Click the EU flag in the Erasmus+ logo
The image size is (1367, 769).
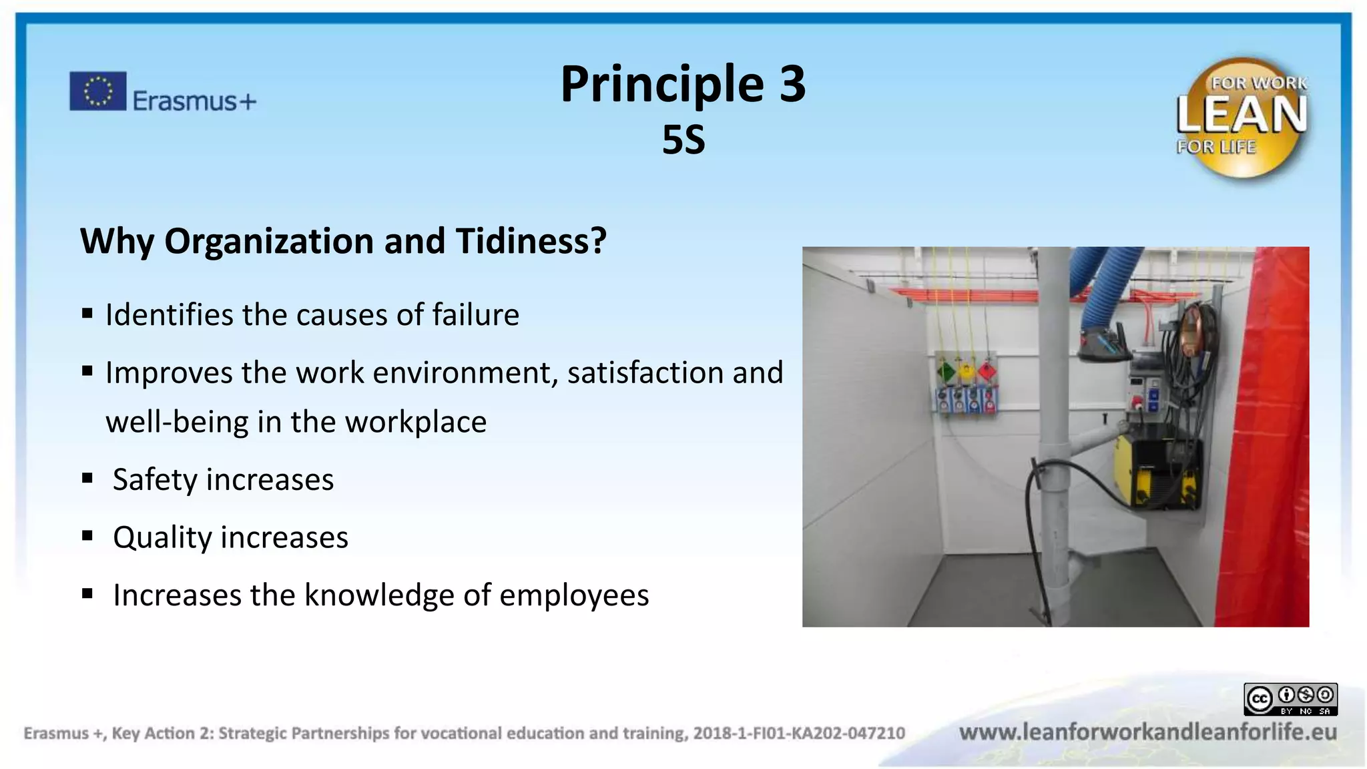pos(97,91)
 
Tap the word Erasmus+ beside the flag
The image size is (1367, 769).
pos(194,101)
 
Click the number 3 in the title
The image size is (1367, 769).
pos(792,84)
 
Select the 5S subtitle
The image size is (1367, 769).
pos(683,140)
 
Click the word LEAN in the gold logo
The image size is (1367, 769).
pos(1241,115)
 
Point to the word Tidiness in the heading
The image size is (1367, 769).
pos(531,241)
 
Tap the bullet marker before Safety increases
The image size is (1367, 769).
pos(87,478)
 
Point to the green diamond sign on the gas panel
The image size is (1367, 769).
pos(946,371)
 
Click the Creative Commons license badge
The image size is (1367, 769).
pos(1290,700)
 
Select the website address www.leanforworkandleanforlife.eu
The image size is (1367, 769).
pos(1147,732)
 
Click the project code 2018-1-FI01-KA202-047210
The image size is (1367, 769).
pos(798,734)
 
